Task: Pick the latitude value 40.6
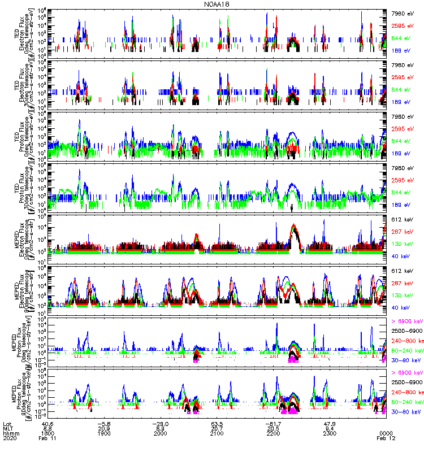[x=48, y=423]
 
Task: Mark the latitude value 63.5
[x=217, y=423]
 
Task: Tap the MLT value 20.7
[x=217, y=428]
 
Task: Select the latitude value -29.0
[x=161, y=423]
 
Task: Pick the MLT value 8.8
[x=48, y=428]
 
